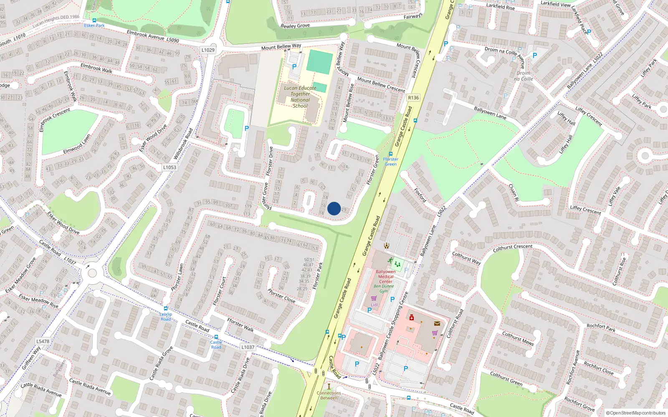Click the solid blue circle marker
coord(334,208)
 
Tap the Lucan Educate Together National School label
coord(300,97)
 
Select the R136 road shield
coord(413,98)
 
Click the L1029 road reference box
coord(208,50)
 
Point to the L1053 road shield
coord(170,167)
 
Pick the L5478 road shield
coord(43,341)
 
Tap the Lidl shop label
coord(374,305)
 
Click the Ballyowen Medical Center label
coord(386,276)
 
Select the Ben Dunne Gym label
coord(384,289)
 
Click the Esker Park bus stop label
coord(94,25)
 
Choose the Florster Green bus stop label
coord(391,161)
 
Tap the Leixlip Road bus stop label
coord(166,317)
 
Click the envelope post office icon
coord(437,323)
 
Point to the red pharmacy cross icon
coord(412,318)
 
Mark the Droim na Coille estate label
coord(523,76)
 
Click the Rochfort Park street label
coord(601,328)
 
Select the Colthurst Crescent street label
coord(513,247)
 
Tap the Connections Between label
coord(329,395)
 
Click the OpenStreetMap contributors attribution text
coord(636,413)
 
